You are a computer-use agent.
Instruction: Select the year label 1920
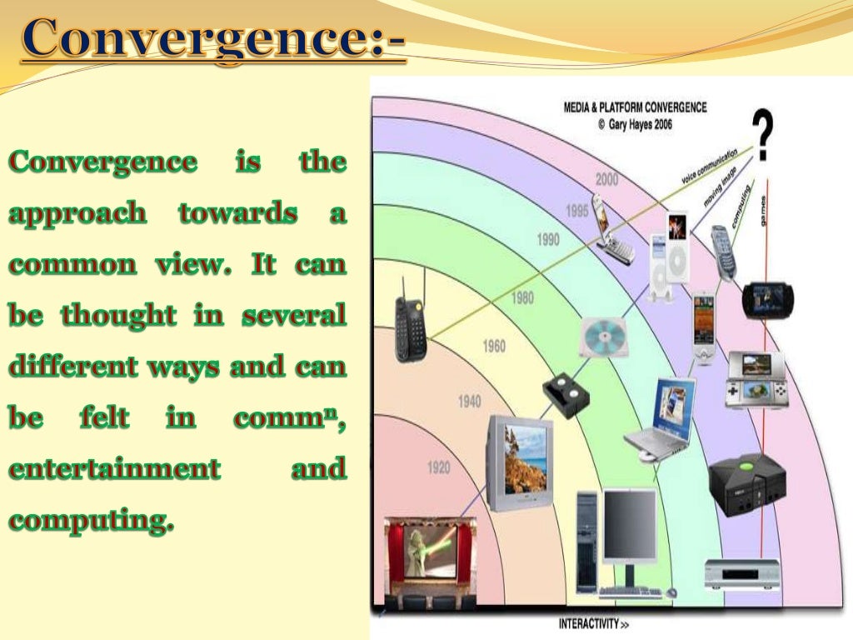(x=438, y=468)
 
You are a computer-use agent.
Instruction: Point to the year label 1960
(x=494, y=346)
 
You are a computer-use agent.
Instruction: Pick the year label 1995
(x=576, y=212)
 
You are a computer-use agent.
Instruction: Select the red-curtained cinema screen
(x=431, y=558)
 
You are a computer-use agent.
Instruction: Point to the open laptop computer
(x=661, y=420)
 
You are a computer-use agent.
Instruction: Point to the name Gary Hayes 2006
(x=635, y=124)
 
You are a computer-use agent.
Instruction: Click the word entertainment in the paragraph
(x=115, y=468)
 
